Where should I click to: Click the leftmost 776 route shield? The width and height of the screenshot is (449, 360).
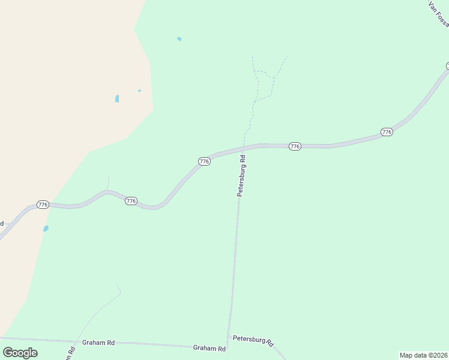(x=42, y=205)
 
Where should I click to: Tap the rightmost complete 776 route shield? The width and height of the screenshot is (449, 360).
(x=387, y=131)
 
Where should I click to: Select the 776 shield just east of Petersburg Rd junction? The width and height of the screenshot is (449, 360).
(x=294, y=146)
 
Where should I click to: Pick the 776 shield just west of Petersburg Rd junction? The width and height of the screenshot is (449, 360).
(x=204, y=161)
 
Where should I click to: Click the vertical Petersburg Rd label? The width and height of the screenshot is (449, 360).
(x=242, y=176)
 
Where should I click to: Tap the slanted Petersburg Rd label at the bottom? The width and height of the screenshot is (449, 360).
(x=253, y=340)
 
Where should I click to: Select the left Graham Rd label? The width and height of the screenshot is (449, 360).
(x=98, y=343)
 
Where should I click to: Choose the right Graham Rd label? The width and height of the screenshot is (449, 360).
(x=209, y=348)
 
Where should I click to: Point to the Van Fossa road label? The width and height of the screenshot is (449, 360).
(x=439, y=13)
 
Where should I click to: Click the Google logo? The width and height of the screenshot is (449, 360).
(x=20, y=352)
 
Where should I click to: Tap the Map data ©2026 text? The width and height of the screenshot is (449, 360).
(x=424, y=355)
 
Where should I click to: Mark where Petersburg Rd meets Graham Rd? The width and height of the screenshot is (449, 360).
(x=227, y=347)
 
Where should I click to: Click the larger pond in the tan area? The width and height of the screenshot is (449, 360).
(x=117, y=98)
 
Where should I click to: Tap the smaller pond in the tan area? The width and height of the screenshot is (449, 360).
(x=139, y=91)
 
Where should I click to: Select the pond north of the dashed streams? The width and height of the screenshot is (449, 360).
(x=179, y=39)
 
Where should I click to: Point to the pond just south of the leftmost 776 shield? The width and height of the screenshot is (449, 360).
(x=46, y=229)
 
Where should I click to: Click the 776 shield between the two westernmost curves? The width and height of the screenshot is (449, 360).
(x=131, y=201)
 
